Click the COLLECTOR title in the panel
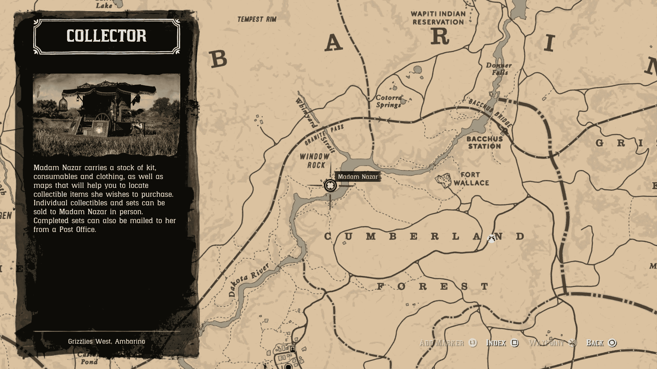(106, 36)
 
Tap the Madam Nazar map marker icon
(330, 186)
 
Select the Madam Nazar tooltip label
(358, 177)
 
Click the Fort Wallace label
(471, 179)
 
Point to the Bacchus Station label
(485, 142)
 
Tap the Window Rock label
(315, 161)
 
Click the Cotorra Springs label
(388, 101)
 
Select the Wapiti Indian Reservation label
(438, 18)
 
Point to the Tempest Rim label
(257, 19)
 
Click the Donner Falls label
(499, 69)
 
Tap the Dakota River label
(248, 279)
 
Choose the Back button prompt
(601, 343)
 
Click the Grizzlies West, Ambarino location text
(106, 341)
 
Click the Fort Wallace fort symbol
(443, 180)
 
